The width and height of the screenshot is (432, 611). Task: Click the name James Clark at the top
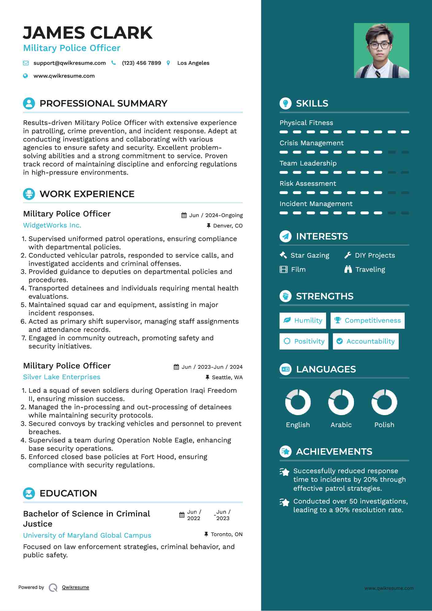click(88, 33)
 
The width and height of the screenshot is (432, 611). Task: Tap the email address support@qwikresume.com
click(69, 63)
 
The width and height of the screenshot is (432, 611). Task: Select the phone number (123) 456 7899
click(141, 63)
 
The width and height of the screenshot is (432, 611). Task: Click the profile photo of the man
click(381, 50)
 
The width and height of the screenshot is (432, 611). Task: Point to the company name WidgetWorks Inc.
click(52, 225)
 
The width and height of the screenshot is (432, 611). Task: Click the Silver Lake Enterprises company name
click(62, 377)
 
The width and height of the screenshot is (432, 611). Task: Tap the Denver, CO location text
click(228, 226)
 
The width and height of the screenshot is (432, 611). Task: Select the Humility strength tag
click(303, 321)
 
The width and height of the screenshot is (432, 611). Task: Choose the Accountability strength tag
click(366, 341)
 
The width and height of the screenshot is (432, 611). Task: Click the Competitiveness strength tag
click(368, 321)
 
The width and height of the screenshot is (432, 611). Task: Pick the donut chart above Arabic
click(341, 402)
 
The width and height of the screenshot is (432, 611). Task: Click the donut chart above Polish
click(384, 402)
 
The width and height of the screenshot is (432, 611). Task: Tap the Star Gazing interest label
click(309, 255)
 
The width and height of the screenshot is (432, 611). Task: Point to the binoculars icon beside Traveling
click(348, 270)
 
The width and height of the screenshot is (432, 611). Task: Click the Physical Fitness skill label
click(306, 123)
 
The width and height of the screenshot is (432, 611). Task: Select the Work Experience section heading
click(87, 194)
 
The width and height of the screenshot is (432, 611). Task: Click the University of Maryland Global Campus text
click(87, 535)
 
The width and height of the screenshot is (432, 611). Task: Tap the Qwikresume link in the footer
click(76, 587)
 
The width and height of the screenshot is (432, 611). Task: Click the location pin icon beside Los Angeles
click(168, 63)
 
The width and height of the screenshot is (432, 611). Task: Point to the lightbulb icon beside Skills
click(286, 103)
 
